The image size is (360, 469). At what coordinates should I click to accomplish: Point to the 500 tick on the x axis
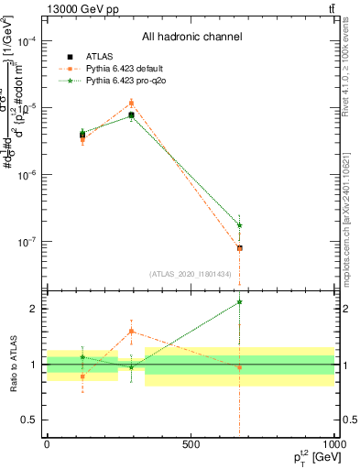coord(191,445)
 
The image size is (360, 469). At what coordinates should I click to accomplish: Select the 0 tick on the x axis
coord(47,445)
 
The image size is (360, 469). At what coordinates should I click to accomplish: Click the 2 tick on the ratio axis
coord(34,309)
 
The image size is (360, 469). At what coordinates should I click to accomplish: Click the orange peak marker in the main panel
coord(131,103)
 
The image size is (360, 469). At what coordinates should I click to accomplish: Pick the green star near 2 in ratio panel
coord(239,301)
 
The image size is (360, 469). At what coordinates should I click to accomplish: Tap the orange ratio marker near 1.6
coord(131,331)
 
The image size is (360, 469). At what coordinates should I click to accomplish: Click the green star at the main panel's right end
coord(239,224)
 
